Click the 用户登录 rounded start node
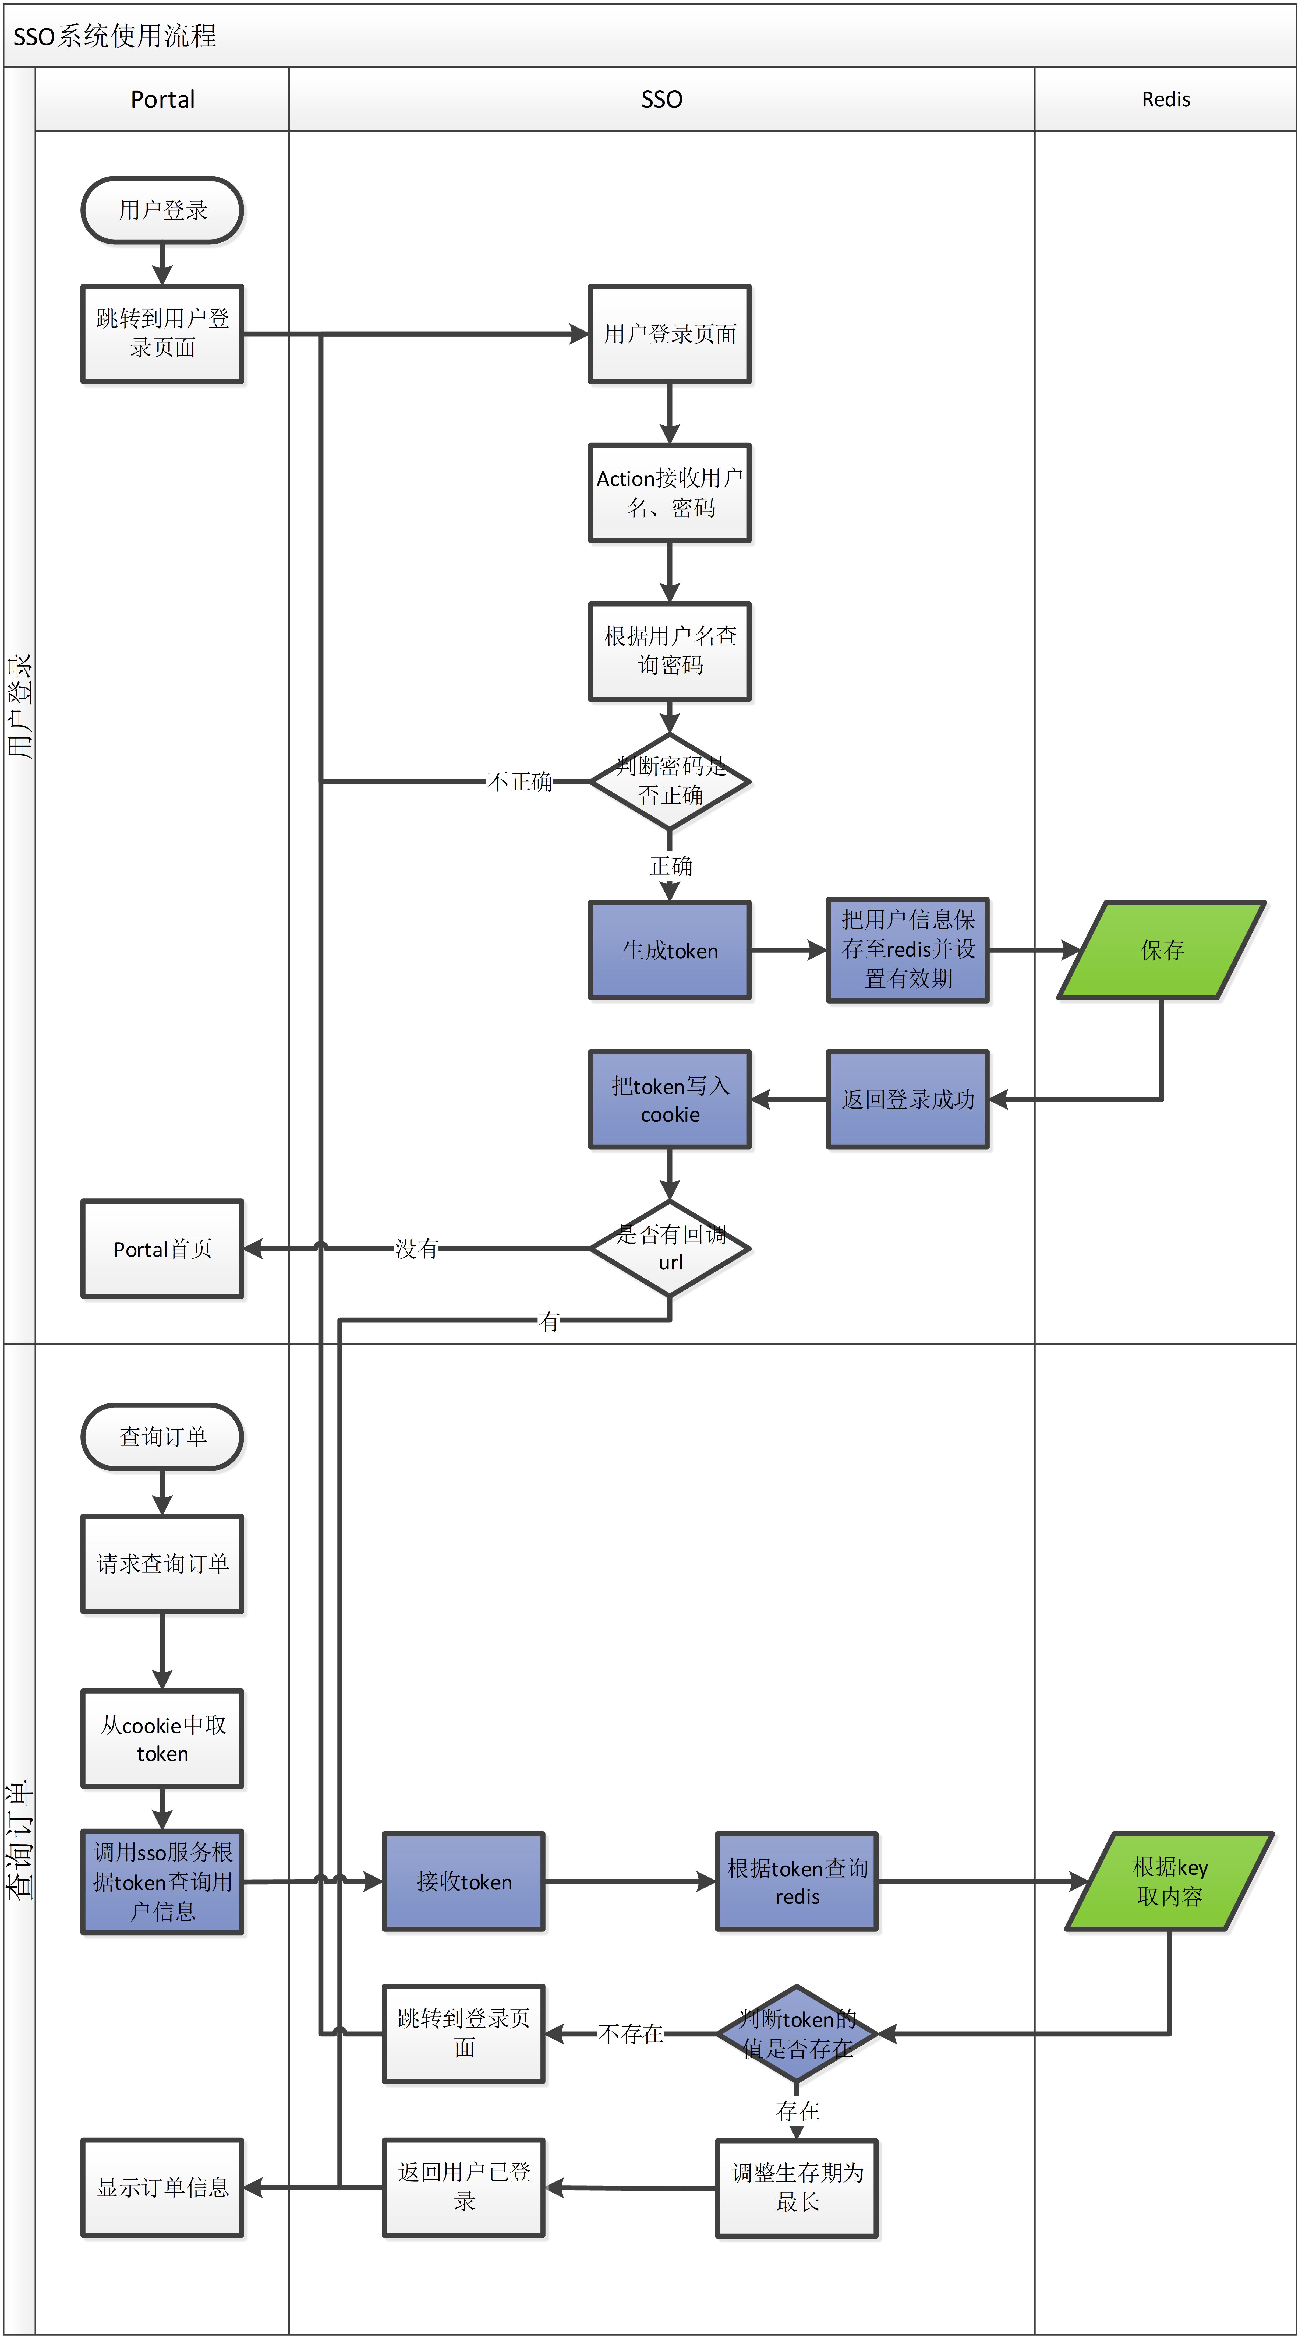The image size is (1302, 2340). click(162, 210)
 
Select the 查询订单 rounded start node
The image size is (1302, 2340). click(162, 1436)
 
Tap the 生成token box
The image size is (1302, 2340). click(670, 950)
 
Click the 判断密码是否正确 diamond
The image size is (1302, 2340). click(670, 781)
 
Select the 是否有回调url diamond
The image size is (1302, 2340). click(670, 1248)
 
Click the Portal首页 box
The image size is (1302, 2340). click(162, 1248)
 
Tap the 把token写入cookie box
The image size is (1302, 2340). click(670, 1099)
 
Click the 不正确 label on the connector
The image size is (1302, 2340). click(519, 781)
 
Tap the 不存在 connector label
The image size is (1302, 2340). click(630, 2033)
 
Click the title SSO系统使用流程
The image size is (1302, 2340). click(115, 36)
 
